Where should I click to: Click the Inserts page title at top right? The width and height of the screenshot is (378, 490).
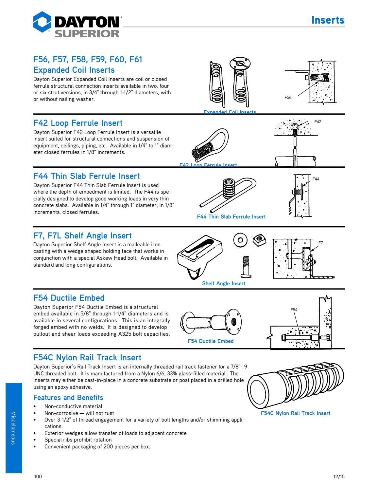point(328,20)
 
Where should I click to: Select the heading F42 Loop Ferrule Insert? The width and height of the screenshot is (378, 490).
point(78,123)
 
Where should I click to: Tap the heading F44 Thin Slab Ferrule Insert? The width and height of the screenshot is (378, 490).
point(87,176)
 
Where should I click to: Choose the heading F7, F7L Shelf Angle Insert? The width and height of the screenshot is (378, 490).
point(82,236)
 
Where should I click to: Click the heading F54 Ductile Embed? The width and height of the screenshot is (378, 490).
point(69,298)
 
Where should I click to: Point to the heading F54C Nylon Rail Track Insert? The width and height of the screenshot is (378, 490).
point(87,357)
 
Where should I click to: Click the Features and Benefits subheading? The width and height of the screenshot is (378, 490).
point(68,398)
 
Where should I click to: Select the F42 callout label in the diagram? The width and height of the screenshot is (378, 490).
point(318,122)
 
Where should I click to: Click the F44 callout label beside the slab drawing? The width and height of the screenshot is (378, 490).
point(316,179)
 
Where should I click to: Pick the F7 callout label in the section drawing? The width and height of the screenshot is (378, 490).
point(321,243)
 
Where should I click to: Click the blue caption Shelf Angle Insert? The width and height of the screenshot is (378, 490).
point(224,284)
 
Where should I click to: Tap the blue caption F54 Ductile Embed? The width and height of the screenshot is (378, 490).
point(211,341)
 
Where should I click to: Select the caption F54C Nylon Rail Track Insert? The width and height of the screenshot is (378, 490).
point(295,413)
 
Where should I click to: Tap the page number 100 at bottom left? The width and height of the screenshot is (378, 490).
point(38,477)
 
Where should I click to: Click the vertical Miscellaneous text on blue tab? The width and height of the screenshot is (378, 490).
point(13,428)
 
